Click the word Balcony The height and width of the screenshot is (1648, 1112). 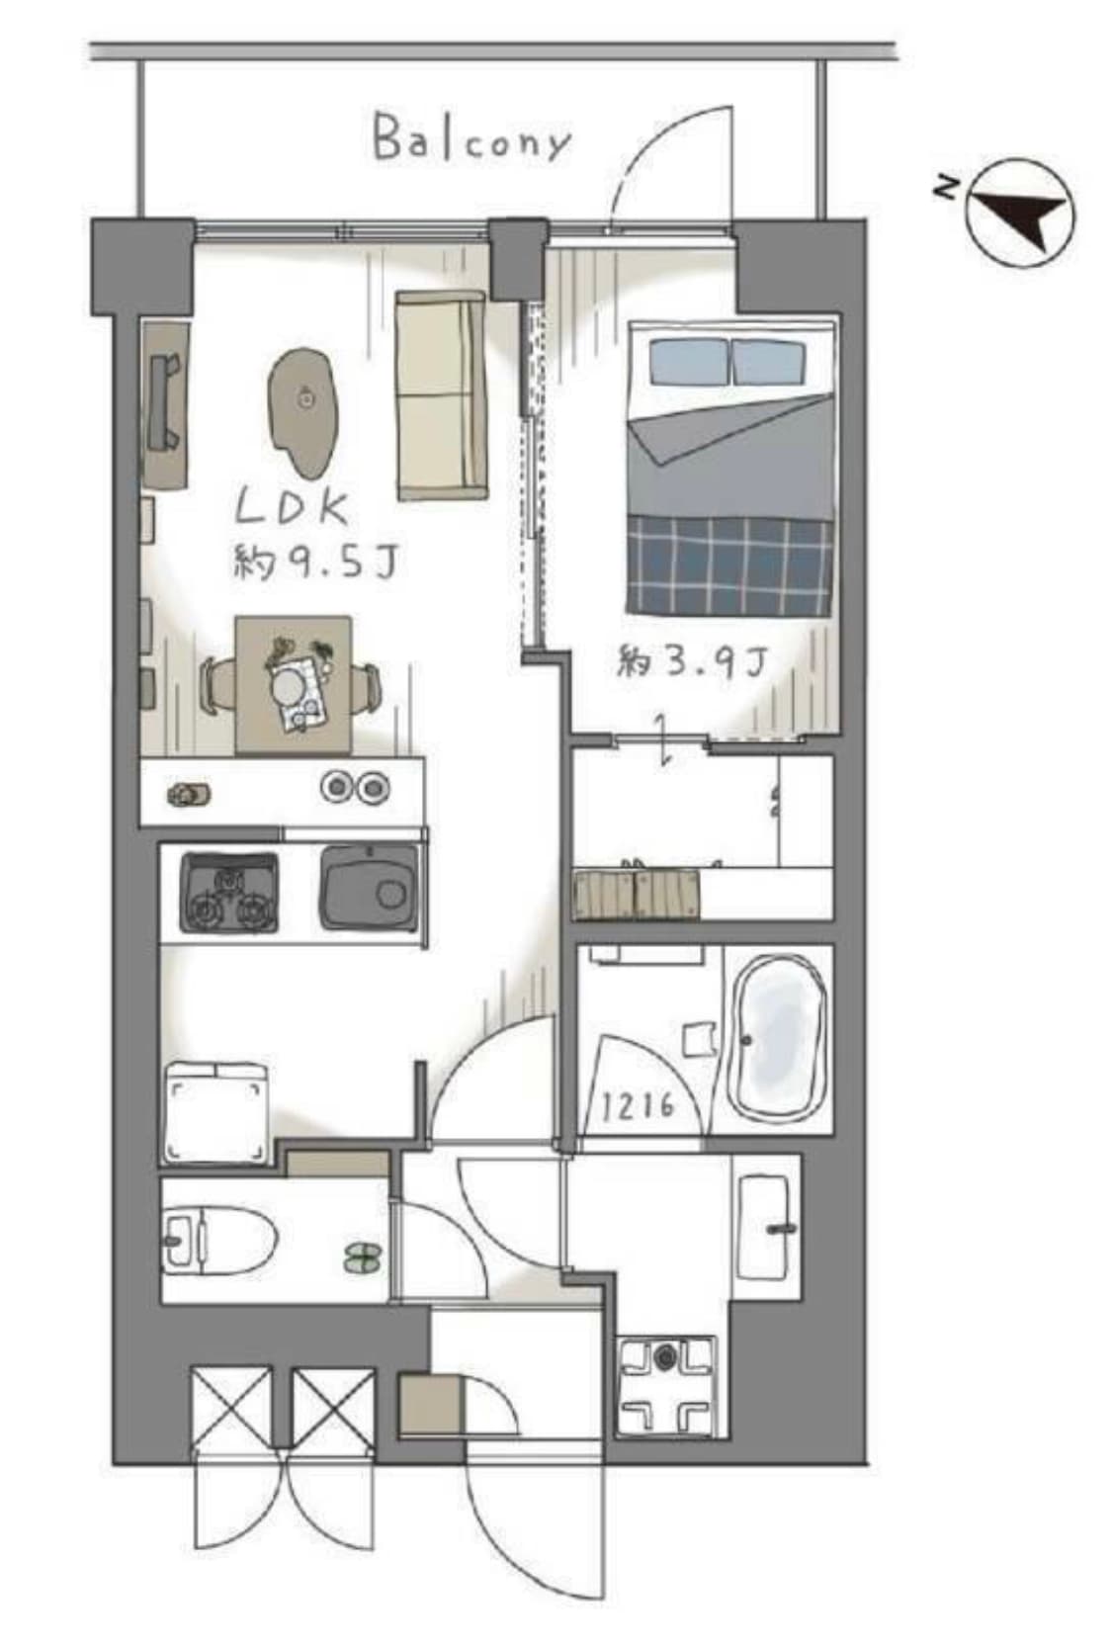472,141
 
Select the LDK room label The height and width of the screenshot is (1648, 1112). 292,509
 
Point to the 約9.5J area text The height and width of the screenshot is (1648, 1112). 315,564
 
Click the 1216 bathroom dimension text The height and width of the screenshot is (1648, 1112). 638,1105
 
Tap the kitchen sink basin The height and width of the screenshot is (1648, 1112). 368,888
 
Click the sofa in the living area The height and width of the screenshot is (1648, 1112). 441,395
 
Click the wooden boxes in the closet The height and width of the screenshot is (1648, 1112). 637,896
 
